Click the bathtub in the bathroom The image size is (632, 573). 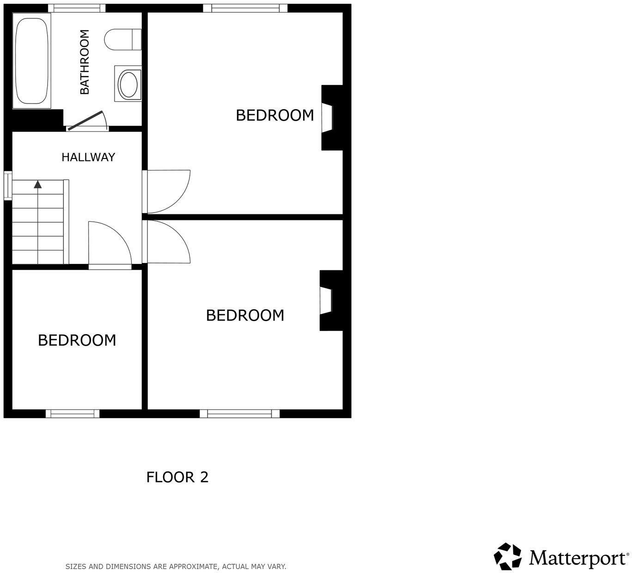pos(31,61)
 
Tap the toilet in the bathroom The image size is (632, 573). pos(122,39)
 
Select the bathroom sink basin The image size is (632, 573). pos(128,84)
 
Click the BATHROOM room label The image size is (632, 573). pos(85,62)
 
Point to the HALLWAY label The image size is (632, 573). pos(88,157)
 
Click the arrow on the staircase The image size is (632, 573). pos(38,184)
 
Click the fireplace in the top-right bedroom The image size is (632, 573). pos(331,118)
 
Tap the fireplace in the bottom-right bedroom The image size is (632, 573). pos(330,301)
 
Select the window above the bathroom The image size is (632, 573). pos(77,8)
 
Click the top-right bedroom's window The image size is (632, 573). pos(245,8)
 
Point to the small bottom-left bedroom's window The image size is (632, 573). pos(73,414)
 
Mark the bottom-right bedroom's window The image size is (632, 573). pos(239,414)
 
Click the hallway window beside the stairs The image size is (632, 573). pos(8,186)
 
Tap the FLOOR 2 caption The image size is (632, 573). pos(177,477)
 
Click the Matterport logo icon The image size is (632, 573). pos(508,556)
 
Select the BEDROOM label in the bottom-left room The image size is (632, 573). pos(77,340)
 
